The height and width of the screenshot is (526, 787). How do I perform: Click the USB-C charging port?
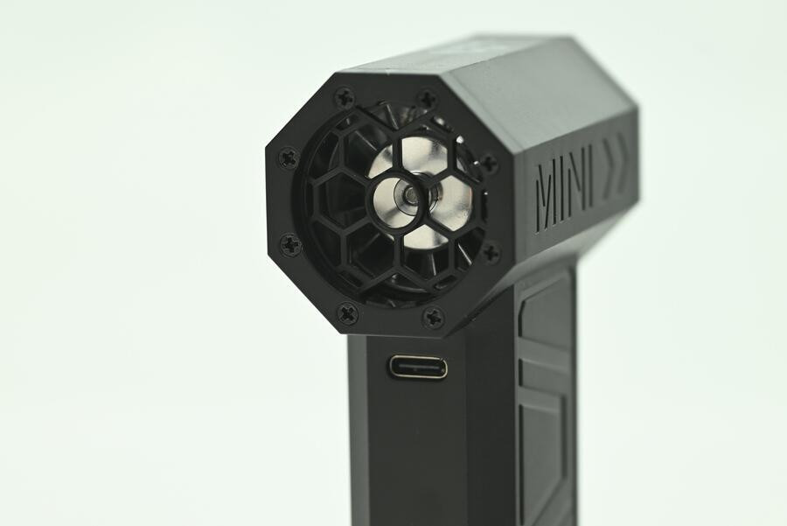(x=418, y=367)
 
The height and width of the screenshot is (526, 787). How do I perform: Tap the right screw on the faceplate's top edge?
(x=428, y=97)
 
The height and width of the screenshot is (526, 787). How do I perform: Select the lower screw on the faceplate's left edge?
(x=290, y=245)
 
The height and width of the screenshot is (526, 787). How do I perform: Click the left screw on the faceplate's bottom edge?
(x=347, y=313)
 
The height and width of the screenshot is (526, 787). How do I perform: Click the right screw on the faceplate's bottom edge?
(x=434, y=316)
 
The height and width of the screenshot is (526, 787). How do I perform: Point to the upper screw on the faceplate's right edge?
(x=488, y=162)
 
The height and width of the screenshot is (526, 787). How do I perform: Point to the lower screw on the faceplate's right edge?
(x=491, y=252)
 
